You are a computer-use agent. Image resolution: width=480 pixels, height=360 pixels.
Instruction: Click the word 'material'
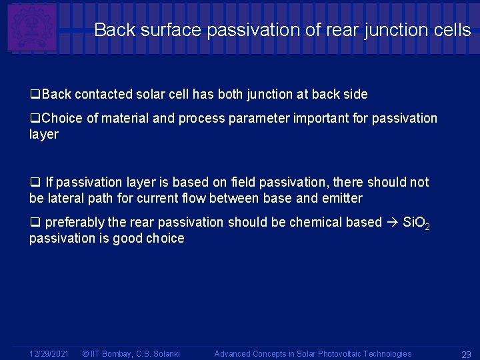coord(125,119)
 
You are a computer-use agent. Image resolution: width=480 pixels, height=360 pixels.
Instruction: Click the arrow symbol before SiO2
coord(393,222)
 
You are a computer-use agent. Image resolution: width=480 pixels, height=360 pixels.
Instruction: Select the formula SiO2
coord(417,223)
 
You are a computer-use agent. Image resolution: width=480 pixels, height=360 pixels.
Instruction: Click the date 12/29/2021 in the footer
coord(49,354)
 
